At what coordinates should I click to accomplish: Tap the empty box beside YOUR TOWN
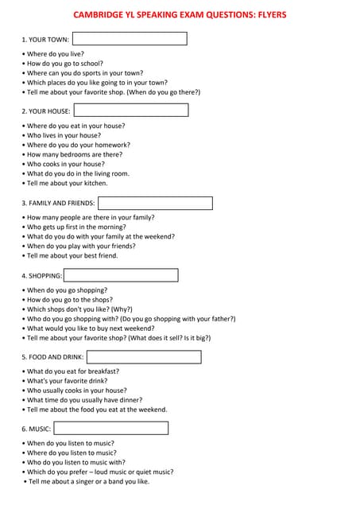point(130,38)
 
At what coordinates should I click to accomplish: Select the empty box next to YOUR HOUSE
point(130,111)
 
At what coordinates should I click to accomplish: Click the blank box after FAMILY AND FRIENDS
point(155,203)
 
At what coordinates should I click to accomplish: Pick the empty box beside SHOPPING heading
point(121,275)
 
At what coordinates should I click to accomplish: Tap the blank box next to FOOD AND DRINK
point(144,357)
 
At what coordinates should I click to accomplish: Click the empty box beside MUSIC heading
point(111,429)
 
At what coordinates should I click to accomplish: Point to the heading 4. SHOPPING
point(41,276)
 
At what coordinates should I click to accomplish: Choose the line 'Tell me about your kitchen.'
point(67,183)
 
